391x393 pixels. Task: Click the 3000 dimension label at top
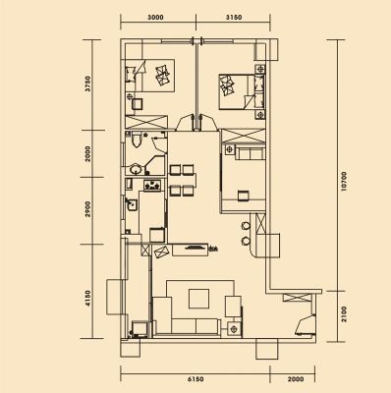click(155, 18)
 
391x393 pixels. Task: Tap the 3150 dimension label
click(234, 18)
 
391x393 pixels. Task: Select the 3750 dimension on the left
click(87, 84)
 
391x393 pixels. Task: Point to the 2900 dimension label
click(87, 208)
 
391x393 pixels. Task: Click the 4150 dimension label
click(87, 299)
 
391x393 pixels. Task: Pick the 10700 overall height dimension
click(343, 182)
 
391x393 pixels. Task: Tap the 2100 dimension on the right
click(343, 314)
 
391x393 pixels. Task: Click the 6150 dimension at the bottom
click(195, 379)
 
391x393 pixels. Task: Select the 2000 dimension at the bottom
click(296, 379)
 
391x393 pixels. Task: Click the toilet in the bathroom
click(135, 140)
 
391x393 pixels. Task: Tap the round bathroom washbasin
click(136, 169)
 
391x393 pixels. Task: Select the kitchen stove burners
click(152, 185)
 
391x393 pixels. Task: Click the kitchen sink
click(132, 204)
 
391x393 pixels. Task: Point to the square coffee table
click(198, 299)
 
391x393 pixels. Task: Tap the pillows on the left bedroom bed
click(163, 75)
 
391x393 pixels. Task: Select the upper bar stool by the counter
click(246, 226)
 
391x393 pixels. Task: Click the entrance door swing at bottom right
click(305, 325)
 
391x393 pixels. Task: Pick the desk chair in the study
click(243, 196)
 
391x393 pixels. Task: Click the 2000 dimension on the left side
click(87, 153)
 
